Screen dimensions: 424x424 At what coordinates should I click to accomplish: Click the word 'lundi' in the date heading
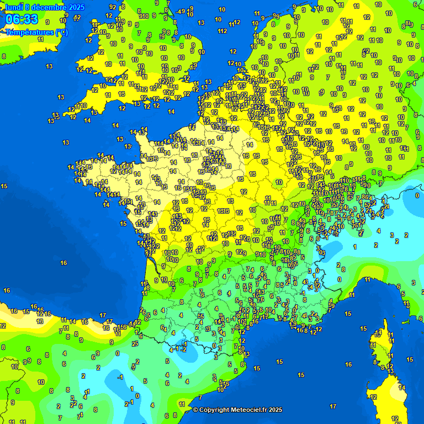14,7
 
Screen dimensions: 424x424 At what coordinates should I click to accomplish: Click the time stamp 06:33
22,20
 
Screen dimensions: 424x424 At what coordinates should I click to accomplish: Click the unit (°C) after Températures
61,32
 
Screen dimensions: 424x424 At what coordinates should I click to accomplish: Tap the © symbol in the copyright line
195,410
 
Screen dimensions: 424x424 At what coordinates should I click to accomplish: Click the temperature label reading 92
113,7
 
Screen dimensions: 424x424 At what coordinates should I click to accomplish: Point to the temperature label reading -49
181,11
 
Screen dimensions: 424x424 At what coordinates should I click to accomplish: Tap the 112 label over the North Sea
222,31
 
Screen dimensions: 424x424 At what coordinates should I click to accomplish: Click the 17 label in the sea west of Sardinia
333,406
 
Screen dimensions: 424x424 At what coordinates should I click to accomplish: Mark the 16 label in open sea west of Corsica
348,364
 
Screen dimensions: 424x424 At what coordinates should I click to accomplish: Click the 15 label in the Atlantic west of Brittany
4,186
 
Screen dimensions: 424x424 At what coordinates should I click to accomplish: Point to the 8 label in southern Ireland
4,56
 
